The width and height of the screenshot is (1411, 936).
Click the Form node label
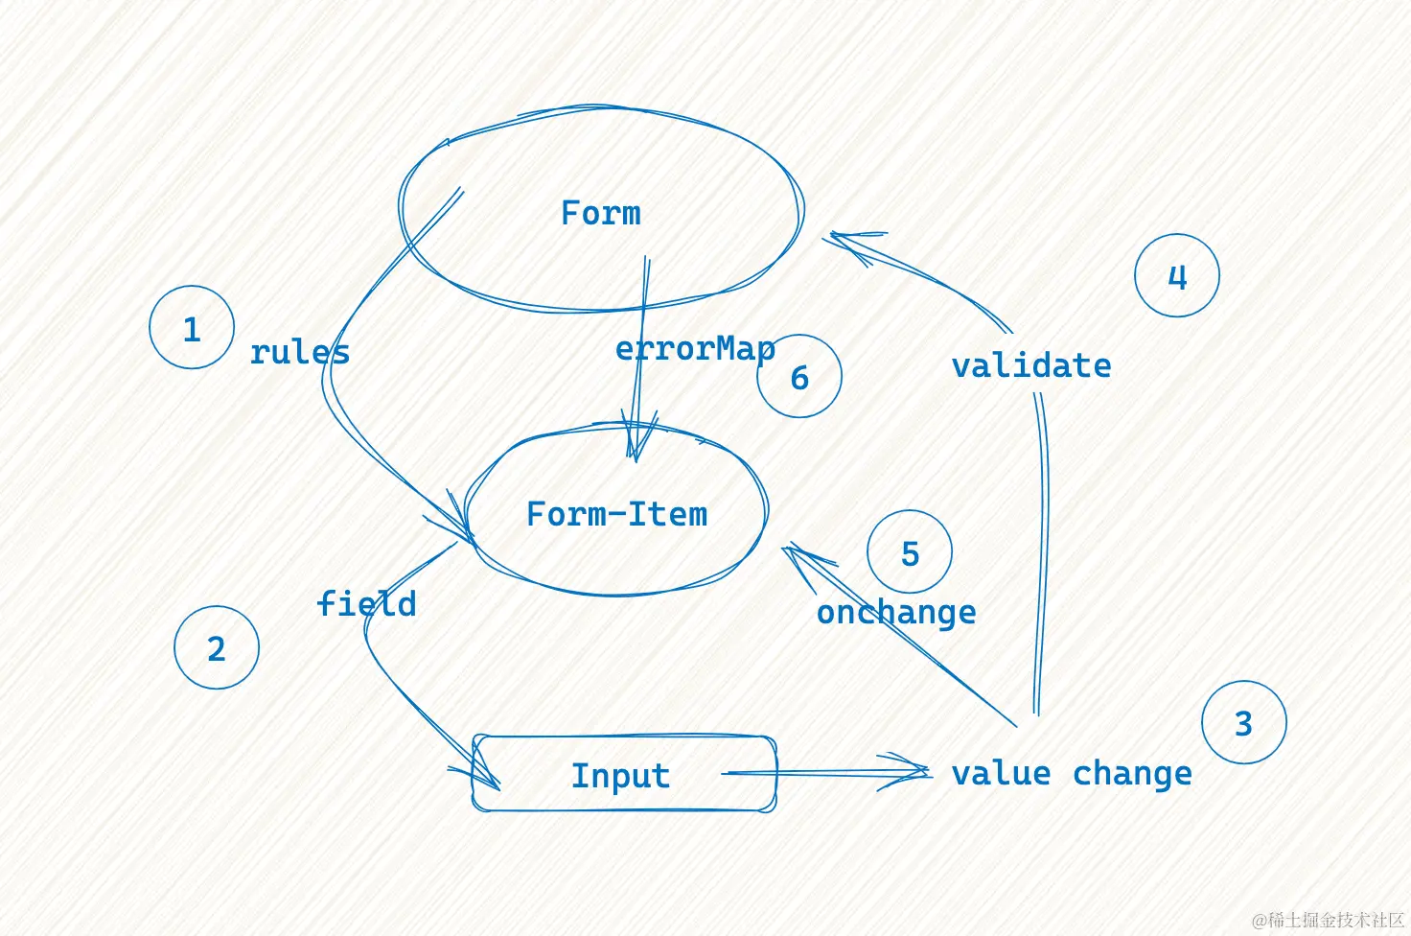click(601, 213)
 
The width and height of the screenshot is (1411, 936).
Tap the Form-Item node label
click(617, 515)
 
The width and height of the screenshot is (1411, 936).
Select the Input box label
click(620, 776)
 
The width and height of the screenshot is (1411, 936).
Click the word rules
click(300, 352)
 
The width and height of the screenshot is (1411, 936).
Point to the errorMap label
click(695, 349)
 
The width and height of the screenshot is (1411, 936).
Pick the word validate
click(1031, 365)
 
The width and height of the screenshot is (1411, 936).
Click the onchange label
click(896, 612)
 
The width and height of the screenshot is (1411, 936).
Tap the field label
click(366, 604)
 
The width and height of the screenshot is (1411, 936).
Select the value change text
click(1072, 773)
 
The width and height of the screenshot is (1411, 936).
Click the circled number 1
click(192, 328)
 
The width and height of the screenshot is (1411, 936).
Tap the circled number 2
click(217, 648)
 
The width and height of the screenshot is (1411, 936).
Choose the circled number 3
click(1243, 723)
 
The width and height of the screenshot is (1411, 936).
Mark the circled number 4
click(1177, 277)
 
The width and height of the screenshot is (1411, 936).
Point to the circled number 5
click(910, 553)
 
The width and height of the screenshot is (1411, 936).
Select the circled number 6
click(799, 377)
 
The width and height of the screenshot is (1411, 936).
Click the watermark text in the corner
click(1329, 920)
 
